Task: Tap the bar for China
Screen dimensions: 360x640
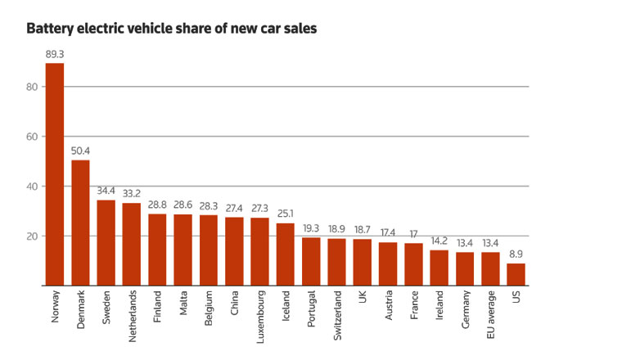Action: coord(234,251)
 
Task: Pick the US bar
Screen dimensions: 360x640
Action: coord(516,274)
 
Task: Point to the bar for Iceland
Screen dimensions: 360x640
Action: coord(286,254)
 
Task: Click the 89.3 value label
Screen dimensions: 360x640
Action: coord(55,55)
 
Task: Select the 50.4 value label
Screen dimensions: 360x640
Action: coord(80,151)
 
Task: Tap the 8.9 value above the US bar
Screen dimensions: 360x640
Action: coord(516,255)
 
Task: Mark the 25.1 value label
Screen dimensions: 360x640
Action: coord(286,215)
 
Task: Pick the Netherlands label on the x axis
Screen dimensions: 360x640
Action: coord(132,320)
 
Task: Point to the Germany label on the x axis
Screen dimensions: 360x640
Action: coord(465,312)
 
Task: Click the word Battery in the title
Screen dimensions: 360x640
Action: coord(51,29)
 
